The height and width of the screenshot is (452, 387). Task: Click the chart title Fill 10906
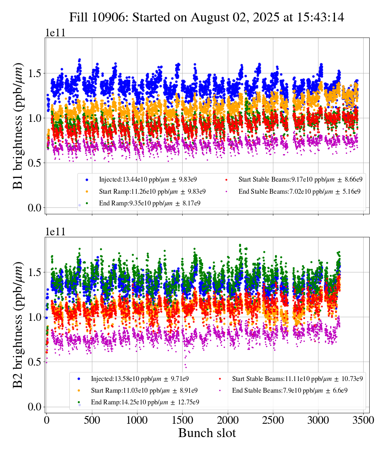206,17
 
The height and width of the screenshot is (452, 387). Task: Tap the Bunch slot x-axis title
207,433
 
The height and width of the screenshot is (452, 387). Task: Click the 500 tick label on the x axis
92,420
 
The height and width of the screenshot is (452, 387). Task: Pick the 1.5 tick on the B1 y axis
34,73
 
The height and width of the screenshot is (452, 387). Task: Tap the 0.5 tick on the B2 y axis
34,362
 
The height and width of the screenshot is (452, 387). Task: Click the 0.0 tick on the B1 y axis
34,208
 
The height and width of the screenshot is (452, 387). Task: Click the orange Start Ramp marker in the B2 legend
79,391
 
